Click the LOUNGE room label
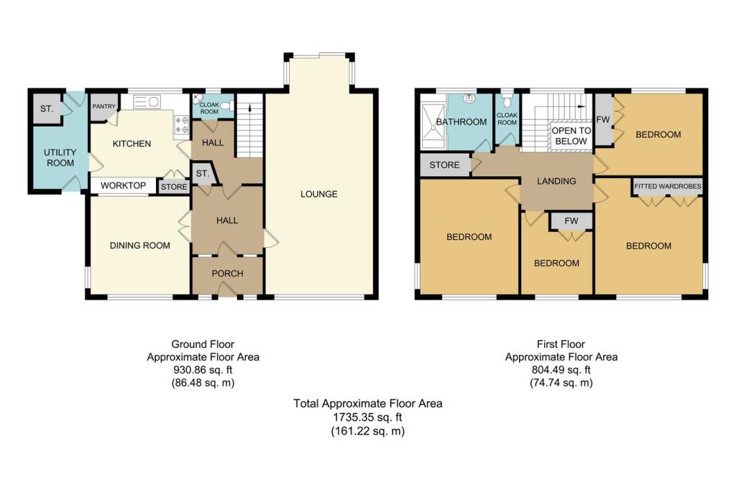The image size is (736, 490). pos(319,194)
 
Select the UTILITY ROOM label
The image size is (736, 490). pos(59,158)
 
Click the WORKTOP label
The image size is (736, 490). pos(123,186)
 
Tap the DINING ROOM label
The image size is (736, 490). pos(140,246)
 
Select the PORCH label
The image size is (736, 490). pos(227,274)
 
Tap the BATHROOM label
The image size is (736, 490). pos(461,122)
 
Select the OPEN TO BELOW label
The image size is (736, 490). pos(571,136)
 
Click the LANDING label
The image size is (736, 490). pos(556,181)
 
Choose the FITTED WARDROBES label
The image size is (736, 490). pos(668,187)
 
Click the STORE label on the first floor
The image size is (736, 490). pos(444,165)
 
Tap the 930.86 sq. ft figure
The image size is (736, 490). pos(203,370)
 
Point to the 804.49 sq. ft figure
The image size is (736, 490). pos(561,370)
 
